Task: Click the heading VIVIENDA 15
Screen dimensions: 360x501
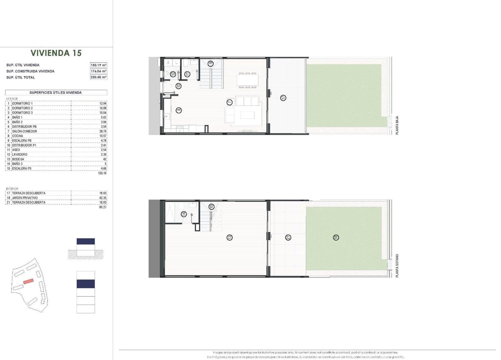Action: [x=56, y=53]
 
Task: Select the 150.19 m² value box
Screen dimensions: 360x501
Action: [x=98, y=65]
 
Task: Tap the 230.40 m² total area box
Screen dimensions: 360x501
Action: [x=98, y=77]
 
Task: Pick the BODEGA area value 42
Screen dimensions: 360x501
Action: [x=105, y=159]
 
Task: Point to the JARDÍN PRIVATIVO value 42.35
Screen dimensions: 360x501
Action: [x=103, y=198]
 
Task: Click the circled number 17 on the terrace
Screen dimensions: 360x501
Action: [x=283, y=98]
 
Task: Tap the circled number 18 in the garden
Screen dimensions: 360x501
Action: [x=336, y=237]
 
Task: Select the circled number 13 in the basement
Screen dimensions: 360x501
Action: [x=230, y=237]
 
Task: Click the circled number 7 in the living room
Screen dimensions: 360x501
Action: [x=230, y=102]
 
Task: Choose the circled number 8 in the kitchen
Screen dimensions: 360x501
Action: [x=179, y=110]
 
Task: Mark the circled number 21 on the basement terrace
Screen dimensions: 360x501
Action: [x=288, y=237]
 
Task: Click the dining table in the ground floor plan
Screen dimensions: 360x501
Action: [x=247, y=80]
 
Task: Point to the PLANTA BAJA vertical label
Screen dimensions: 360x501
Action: [x=397, y=125]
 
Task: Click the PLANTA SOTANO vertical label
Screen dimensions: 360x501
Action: [x=397, y=265]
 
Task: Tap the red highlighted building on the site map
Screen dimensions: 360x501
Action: [x=28, y=281]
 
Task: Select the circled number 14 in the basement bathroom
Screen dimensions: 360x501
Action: [x=184, y=214]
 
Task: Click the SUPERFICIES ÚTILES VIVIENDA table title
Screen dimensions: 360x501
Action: [x=56, y=93]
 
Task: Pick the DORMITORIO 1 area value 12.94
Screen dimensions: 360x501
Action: [x=103, y=103]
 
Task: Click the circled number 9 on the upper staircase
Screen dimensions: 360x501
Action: [x=211, y=64]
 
